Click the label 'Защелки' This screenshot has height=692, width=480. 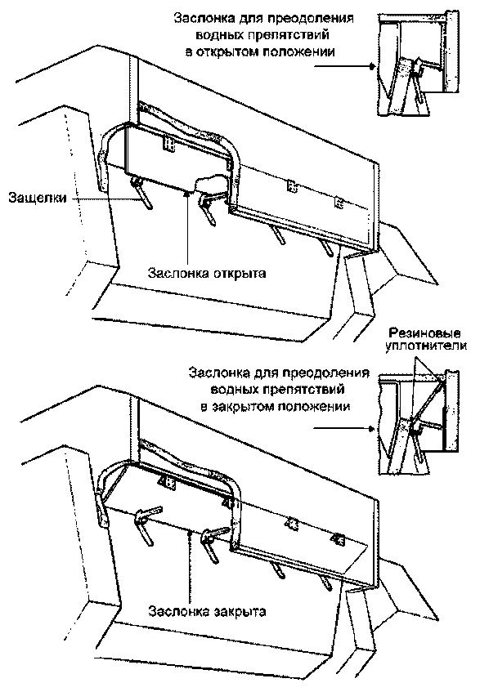(x=38, y=197)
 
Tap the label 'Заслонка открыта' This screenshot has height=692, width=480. (x=207, y=274)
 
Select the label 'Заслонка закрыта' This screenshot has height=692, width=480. (x=207, y=612)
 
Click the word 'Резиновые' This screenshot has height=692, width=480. (x=424, y=333)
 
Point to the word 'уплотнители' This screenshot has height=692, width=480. (x=426, y=346)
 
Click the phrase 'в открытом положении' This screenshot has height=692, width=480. (x=260, y=51)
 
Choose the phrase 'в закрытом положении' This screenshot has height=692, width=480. (x=276, y=406)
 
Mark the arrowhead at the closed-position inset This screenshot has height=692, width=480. (x=372, y=429)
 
